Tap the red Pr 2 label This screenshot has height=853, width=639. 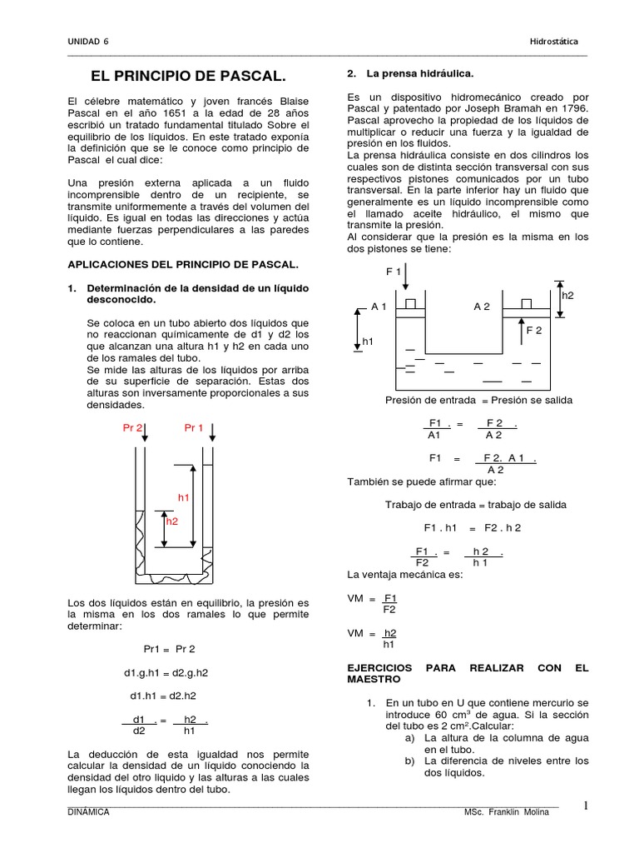(x=132, y=428)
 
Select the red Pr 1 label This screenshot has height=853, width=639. (x=194, y=428)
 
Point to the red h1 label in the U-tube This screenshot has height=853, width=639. (x=184, y=497)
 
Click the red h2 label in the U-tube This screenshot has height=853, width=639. (x=172, y=521)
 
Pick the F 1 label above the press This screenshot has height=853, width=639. (x=394, y=272)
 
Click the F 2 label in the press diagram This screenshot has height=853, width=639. (x=533, y=331)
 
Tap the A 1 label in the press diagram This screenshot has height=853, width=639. (x=379, y=307)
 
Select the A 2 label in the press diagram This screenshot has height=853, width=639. (x=482, y=307)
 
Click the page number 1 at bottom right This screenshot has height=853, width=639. (x=586, y=806)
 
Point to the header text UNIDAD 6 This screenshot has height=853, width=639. (x=89, y=42)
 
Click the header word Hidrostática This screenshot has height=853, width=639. (x=553, y=42)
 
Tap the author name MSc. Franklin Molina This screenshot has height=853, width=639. (x=509, y=812)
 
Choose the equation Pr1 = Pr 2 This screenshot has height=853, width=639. (x=168, y=649)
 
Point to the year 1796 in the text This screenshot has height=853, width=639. (x=571, y=109)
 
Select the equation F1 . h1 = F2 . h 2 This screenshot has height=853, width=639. (x=472, y=528)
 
